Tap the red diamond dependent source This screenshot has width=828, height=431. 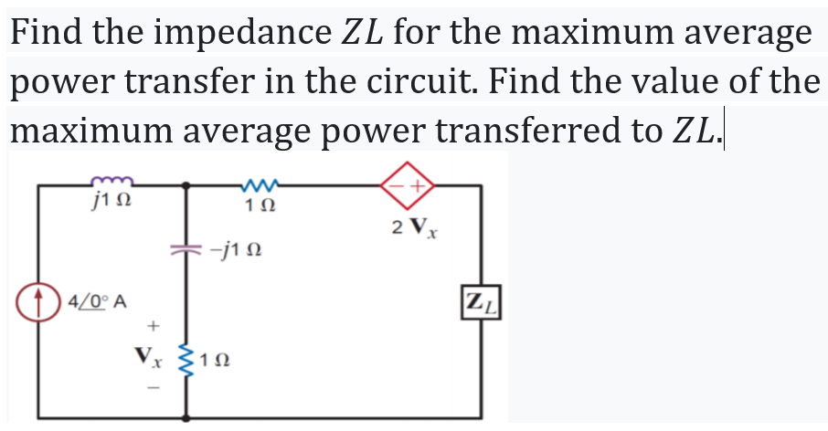point(408,185)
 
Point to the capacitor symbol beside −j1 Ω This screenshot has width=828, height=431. point(189,247)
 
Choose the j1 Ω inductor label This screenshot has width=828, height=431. point(116,202)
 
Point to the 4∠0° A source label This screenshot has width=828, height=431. point(97,300)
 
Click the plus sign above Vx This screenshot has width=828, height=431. point(154,324)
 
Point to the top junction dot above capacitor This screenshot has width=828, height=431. point(189,185)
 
